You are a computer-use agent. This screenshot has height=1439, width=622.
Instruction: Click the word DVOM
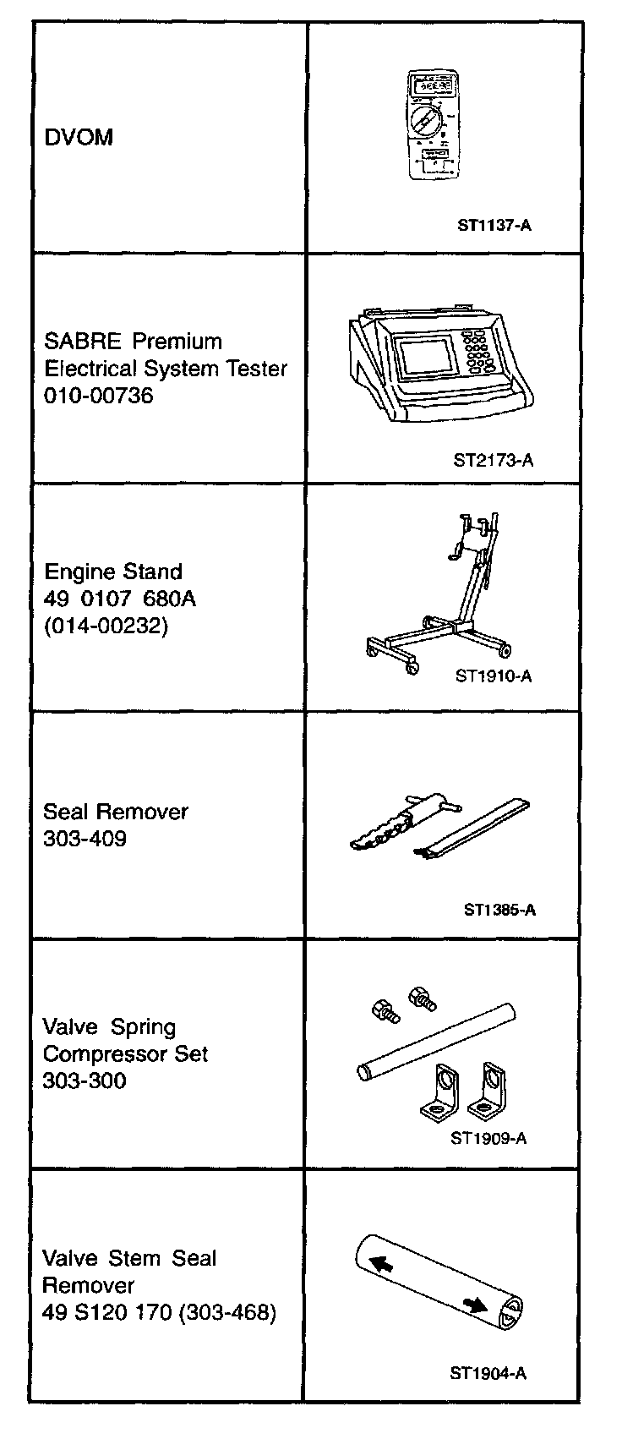[x=79, y=138]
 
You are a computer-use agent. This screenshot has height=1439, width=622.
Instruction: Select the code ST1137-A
[x=494, y=226]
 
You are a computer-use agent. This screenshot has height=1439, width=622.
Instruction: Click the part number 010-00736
[x=99, y=396]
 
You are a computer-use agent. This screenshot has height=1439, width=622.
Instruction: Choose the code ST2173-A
[x=494, y=461]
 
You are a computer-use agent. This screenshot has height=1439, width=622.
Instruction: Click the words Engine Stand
[x=113, y=572]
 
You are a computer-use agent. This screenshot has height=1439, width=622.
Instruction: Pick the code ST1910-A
[x=494, y=676]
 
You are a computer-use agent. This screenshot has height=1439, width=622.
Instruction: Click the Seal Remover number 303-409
[x=85, y=839]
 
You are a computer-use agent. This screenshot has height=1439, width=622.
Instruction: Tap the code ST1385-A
[x=499, y=911]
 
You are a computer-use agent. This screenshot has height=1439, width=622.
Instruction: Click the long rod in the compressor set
[x=435, y=1039]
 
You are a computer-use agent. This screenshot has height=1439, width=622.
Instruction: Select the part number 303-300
[x=85, y=1081]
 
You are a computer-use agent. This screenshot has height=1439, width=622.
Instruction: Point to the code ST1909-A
[x=488, y=1138]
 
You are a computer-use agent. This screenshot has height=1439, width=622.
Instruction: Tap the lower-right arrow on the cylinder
[x=476, y=1305]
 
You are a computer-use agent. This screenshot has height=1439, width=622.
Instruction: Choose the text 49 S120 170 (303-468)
[x=159, y=1313]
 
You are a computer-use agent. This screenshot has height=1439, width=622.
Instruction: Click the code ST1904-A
[x=488, y=1374]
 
